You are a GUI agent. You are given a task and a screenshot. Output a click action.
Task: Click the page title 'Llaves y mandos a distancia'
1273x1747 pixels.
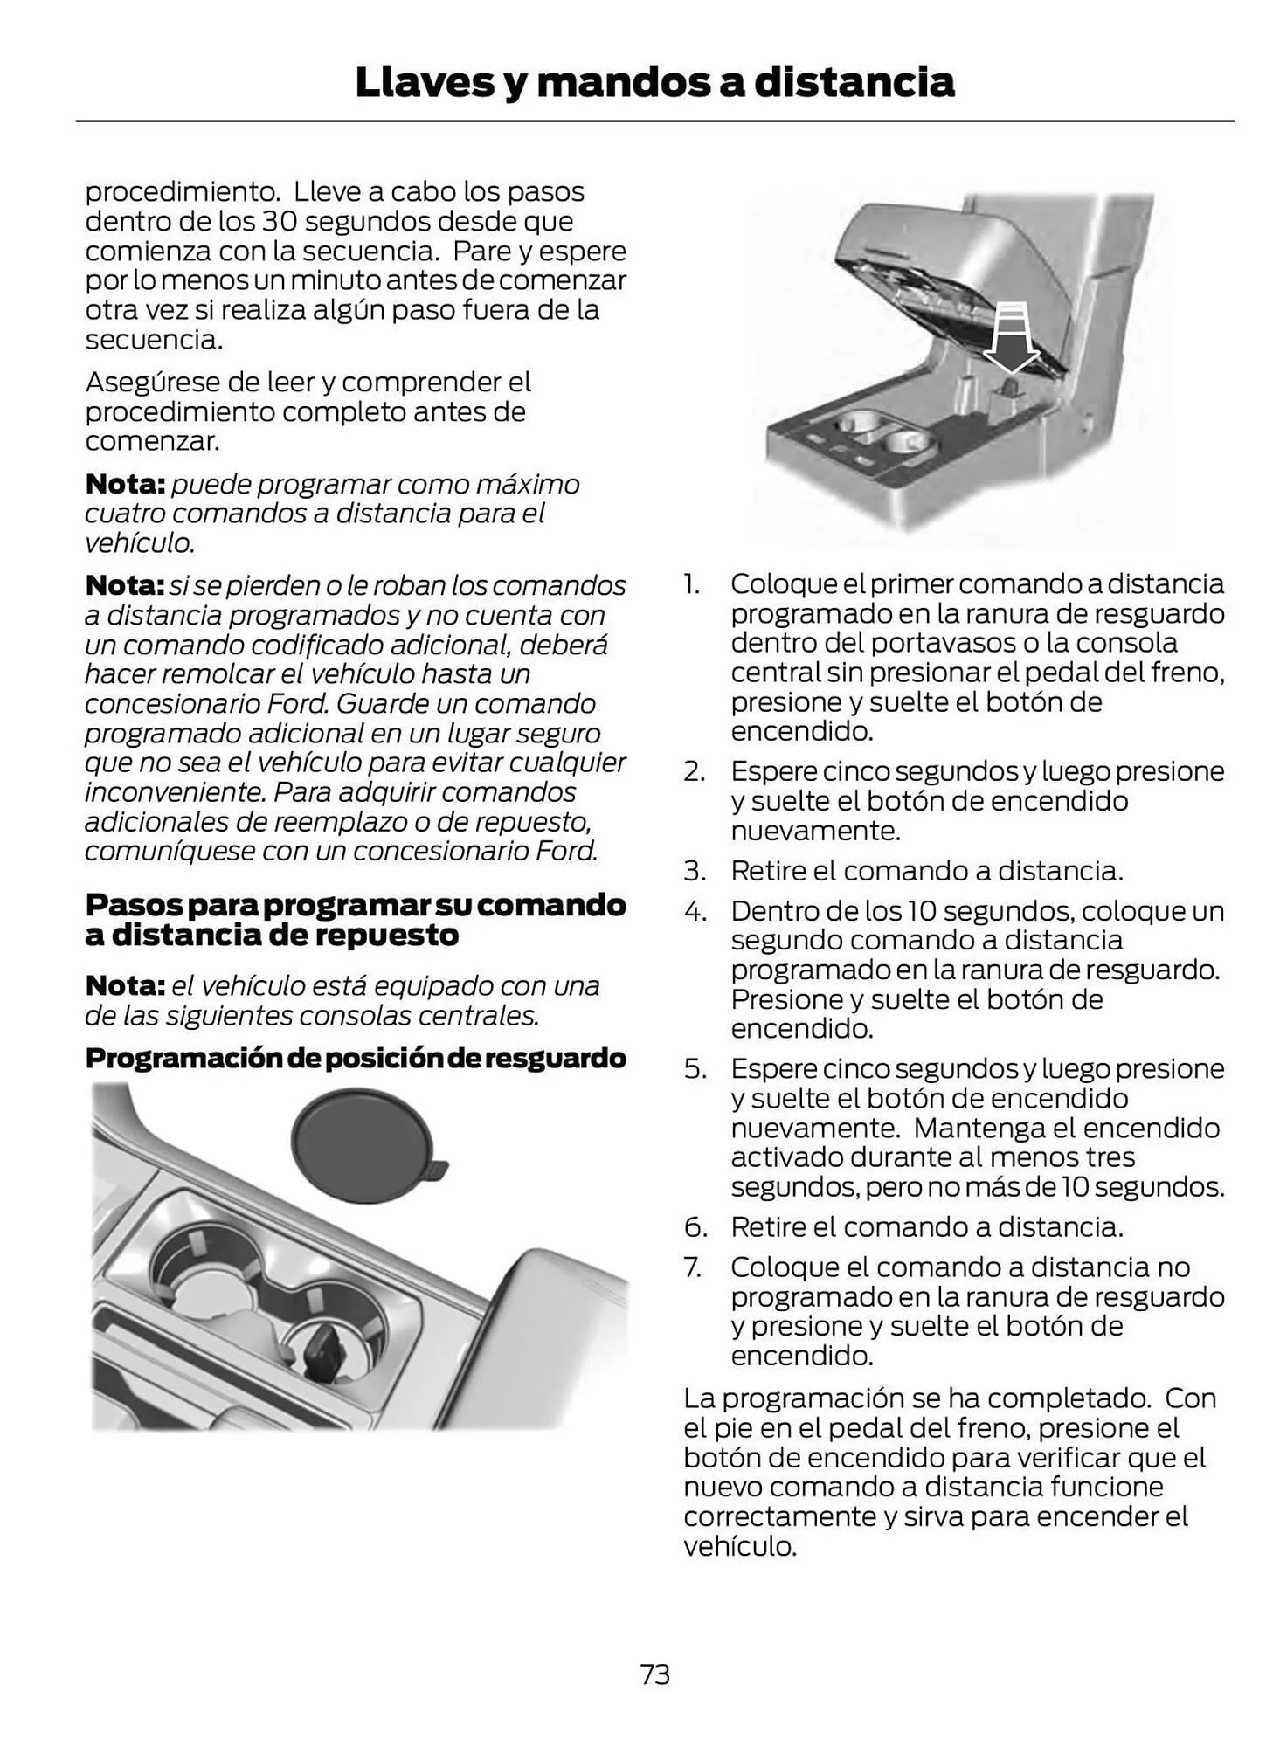point(654,82)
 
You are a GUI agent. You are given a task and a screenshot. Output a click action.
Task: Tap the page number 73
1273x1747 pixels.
point(654,1674)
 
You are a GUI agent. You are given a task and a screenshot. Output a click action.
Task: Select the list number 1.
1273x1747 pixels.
point(691,583)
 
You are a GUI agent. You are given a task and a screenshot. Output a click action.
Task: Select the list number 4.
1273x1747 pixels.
point(695,911)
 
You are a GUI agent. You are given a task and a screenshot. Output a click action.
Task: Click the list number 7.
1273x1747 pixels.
point(693,1267)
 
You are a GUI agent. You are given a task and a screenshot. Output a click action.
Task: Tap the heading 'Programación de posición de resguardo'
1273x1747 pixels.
point(355,1058)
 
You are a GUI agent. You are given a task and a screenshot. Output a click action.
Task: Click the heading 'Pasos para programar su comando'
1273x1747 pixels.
point(355,904)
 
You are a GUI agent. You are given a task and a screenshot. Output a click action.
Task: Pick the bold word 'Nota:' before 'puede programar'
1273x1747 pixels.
point(124,484)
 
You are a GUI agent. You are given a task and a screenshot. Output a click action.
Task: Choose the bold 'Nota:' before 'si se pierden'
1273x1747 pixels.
point(124,585)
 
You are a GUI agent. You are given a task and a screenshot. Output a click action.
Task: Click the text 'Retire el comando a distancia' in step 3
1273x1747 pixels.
point(926,871)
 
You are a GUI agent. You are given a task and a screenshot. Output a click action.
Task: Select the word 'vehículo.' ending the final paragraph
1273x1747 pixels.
point(740,1546)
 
